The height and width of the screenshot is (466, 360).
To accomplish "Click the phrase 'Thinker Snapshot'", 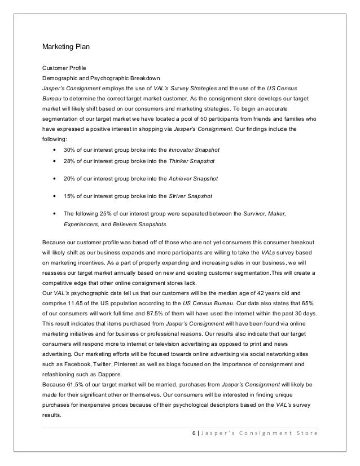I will click(190, 162).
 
